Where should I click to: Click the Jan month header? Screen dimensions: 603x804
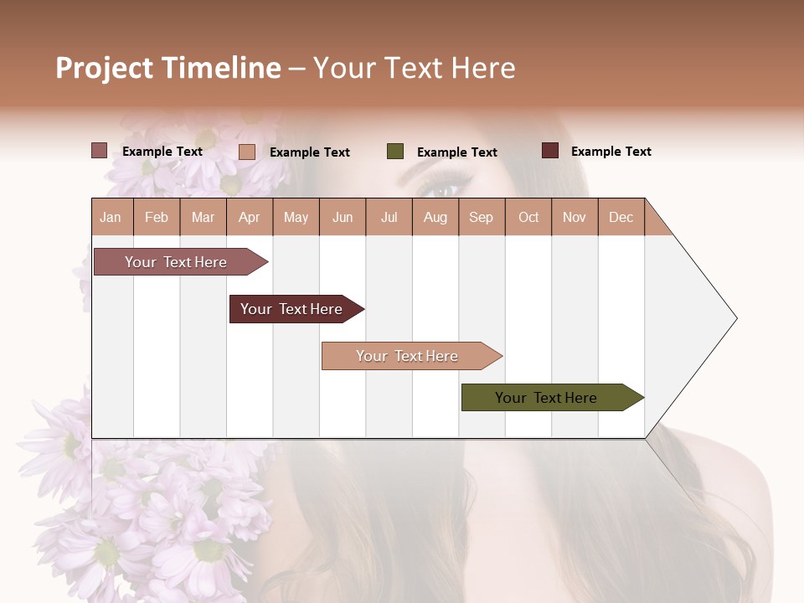tap(111, 217)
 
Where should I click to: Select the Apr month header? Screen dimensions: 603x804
tap(249, 217)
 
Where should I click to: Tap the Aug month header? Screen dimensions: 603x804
tap(435, 217)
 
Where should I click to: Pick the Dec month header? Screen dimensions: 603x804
tap(621, 217)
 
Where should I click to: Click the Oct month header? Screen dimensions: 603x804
tap(528, 217)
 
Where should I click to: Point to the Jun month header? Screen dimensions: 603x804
tap(342, 217)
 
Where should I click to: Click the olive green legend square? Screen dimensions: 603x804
tap(395, 152)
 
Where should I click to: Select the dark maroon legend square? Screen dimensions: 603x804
tap(550, 151)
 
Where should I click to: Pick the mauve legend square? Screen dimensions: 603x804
tap(100, 151)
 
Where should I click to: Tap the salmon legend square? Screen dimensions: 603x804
tap(247, 152)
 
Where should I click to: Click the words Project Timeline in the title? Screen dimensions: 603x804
tap(167, 68)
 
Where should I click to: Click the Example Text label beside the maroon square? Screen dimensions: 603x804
tap(611, 152)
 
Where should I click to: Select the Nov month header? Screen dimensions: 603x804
tap(574, 217)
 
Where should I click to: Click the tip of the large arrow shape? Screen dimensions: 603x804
tap(734, 318)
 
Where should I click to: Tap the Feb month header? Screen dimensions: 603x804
tap(156, 217)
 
